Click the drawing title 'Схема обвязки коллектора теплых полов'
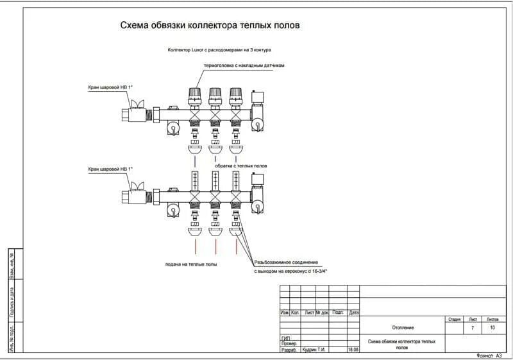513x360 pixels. (x=210, y=25)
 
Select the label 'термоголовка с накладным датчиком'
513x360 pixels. (x=244, y=65)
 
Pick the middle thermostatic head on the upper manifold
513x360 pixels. (x=216, y=96)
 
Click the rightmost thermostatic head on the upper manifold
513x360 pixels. (x=236, y=96)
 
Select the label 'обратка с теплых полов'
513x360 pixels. (x=240, y=166)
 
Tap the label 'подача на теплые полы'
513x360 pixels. (x=191, y=264)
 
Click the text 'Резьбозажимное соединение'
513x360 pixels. (x=286, y=262)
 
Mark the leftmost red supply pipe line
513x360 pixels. (x=196, y=246)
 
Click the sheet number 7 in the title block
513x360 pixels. (x=473, y=328)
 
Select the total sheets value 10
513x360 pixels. (x=492, y=328)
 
